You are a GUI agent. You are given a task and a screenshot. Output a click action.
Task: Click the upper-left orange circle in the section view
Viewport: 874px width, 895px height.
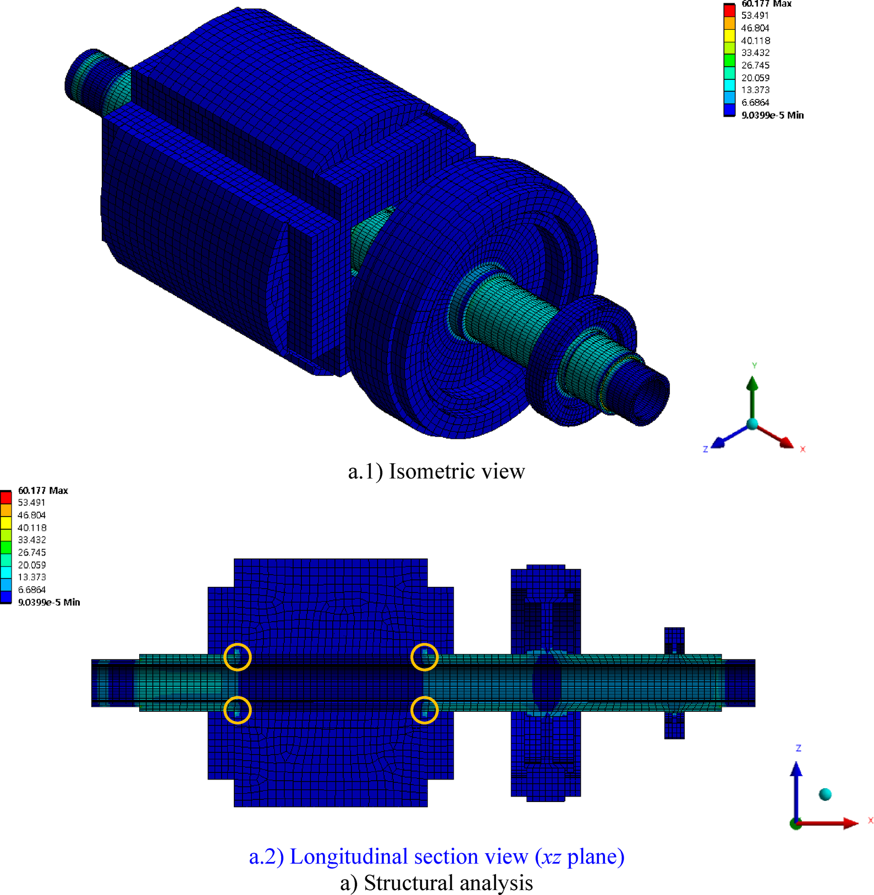point(238,657)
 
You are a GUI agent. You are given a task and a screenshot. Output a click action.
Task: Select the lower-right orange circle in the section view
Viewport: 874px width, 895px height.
point(425,710)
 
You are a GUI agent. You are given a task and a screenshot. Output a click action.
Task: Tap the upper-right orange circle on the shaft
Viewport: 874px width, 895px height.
point(425,657)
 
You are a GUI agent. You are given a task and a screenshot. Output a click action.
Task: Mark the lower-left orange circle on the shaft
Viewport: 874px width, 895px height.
point(238,710)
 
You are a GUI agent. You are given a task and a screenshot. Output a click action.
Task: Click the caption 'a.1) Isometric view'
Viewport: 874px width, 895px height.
point(436,471)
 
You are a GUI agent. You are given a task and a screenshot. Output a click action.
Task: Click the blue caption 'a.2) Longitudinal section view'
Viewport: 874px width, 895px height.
point(436,856)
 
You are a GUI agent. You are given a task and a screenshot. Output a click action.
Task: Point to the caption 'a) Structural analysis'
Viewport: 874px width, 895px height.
point(436,883)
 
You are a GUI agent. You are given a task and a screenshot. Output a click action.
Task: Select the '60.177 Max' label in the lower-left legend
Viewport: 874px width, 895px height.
point(43,490)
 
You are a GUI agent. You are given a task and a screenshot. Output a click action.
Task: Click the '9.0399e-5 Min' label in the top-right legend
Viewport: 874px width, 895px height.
point(772,115)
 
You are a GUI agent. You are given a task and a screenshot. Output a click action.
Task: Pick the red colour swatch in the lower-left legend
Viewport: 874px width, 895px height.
point(6,497)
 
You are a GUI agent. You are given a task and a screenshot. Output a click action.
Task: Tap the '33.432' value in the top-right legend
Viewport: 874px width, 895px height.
point(755,53)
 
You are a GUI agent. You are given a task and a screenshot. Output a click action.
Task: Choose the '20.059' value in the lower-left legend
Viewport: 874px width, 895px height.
point(32,565)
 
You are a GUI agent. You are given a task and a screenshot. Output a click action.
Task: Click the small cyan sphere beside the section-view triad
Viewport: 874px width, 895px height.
point(825,794)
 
